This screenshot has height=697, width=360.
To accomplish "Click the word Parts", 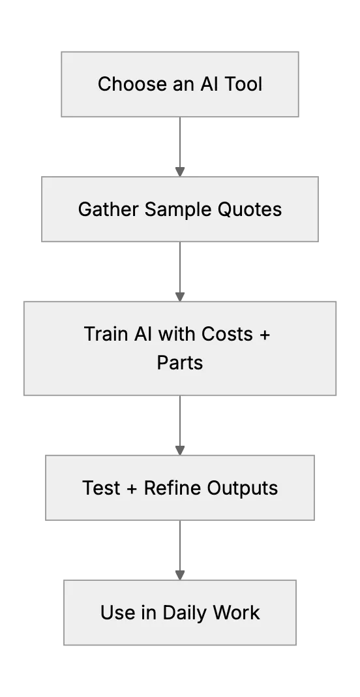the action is tap(180, 363).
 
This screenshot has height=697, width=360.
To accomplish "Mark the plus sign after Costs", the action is tap(264, 335).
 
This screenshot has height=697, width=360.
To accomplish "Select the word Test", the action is tap(101, 488).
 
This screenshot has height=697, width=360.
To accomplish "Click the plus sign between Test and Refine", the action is tap(132, 489).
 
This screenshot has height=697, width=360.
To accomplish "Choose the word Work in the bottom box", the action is tap(236, 612).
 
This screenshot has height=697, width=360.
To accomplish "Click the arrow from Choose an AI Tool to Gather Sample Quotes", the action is tap(180, 147).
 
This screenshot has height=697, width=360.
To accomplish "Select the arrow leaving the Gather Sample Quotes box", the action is tap(180, 271).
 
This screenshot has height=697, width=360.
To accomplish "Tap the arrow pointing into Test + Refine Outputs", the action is tap(180, 426).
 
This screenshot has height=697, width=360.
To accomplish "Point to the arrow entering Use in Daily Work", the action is tap(180, 550).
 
